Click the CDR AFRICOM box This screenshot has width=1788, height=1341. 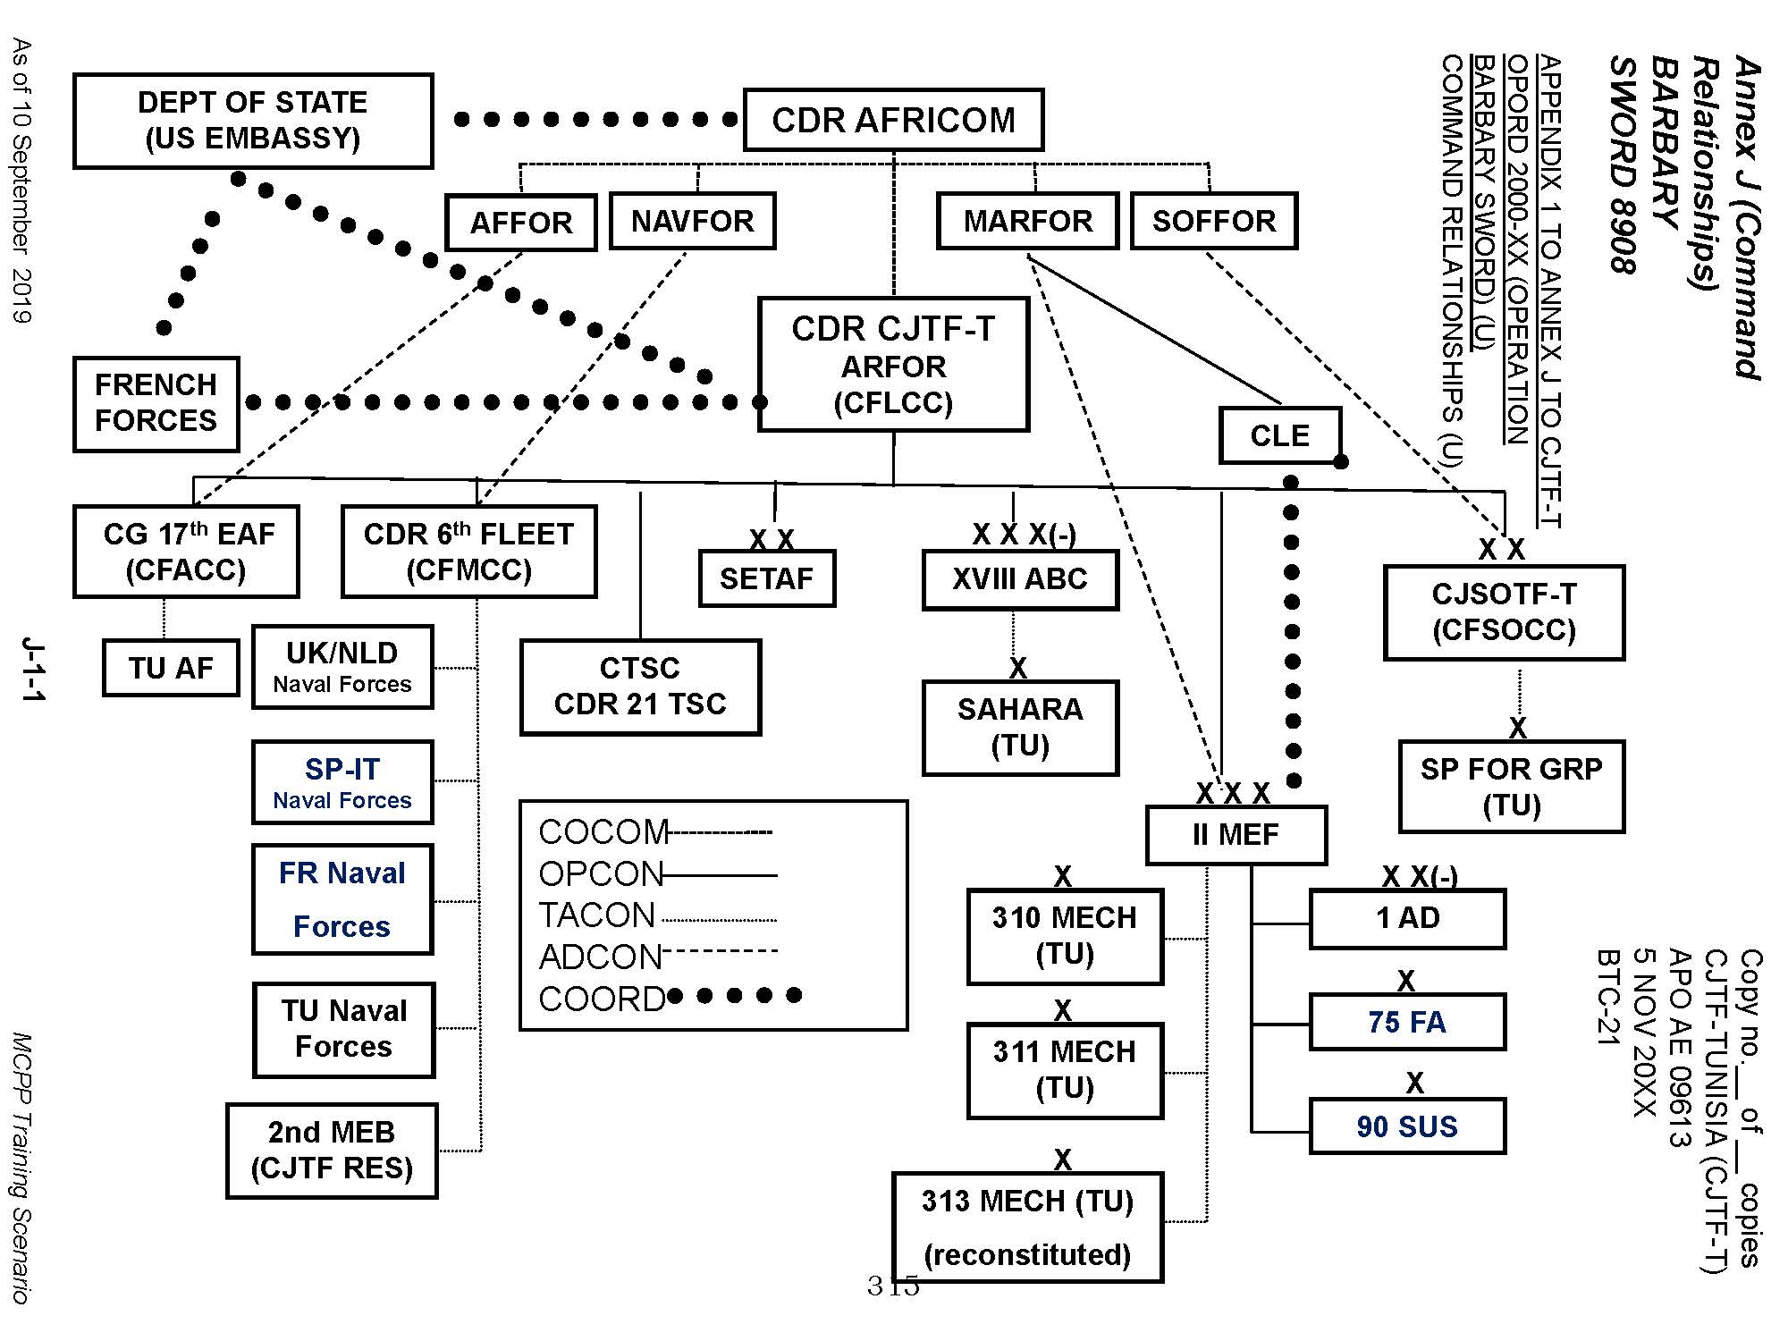pyautogui.click(x=893, y=120)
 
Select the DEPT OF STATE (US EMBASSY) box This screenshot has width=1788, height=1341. pyautogui.click(x=253, y=121)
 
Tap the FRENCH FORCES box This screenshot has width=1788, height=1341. pyautogui.click(x=156, y=404)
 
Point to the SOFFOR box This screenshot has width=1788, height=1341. pyautogui.click(x=1213, y=221)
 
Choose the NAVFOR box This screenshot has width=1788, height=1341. pyautogui.click(x=692, y=221)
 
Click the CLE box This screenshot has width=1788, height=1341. pyautogui.click(x=1279, y=435)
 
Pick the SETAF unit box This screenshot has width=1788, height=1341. pyautogui.click(x=766, y=578)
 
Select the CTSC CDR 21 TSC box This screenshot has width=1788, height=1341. pyautogui.click(x=640, y=687)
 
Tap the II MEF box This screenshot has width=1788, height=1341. pyautogui.click(x=1236, y=835)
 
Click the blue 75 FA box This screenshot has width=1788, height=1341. pyautogui.click(x=1407, y=1022)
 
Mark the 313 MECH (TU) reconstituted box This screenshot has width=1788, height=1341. pyautogui.click(x=1027, y=1227)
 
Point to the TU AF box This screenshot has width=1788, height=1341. pyautogui.click(x=171, y=668)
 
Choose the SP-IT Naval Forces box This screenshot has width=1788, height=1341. pyautogui.click(x=342, y=782)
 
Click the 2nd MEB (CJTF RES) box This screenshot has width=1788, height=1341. pyautogui.click(x=332, y=1151)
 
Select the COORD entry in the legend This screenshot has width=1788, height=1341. pyautogui.click(x=602, y=999)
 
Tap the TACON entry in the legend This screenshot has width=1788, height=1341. pyautogui.click(x=597, y=915)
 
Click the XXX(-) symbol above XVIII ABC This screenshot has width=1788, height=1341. pyautogui.click(x=1024, y=535)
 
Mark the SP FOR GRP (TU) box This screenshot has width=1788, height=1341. pyautogui.click(x=1511, y=787)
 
